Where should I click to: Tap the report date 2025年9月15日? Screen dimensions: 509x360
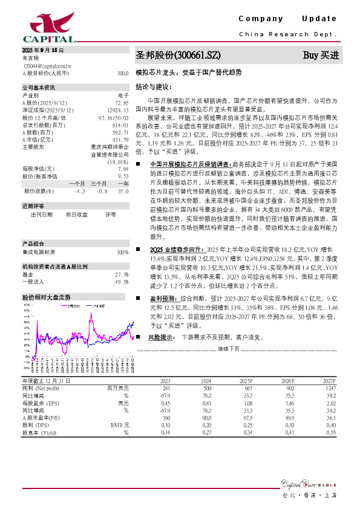pyautogui.click(x=43, y=50)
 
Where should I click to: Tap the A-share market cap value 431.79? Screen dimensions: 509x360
pyautogui.click(x=120, y=139)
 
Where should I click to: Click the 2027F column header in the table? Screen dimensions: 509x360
pyautogui.click(x=329, y=381)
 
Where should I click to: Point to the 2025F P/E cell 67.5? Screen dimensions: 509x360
pyautogui.click(x=246, y=417)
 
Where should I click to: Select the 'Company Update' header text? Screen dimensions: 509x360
pyautogui.click(x=287, y=20)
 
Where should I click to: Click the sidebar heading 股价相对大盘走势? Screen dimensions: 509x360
pyautogui.click(x=47, y=297)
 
